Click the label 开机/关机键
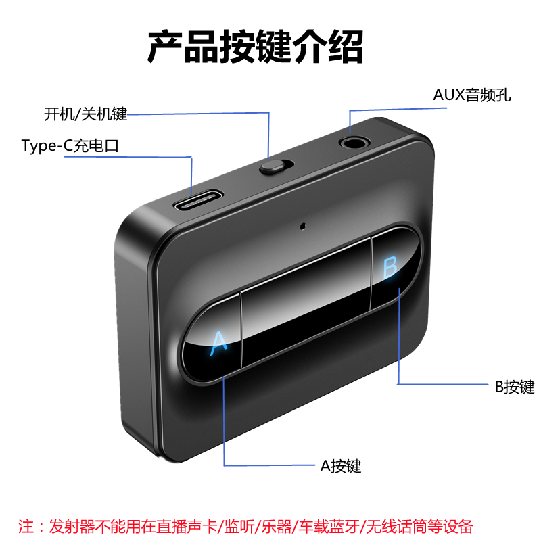85,114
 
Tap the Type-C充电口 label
70,146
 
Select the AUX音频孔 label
472,95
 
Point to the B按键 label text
514,387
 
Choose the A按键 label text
340,466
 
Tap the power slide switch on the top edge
273,166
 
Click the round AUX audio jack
351,143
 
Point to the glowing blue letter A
218,342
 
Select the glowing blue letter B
390,268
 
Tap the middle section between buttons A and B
306,305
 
